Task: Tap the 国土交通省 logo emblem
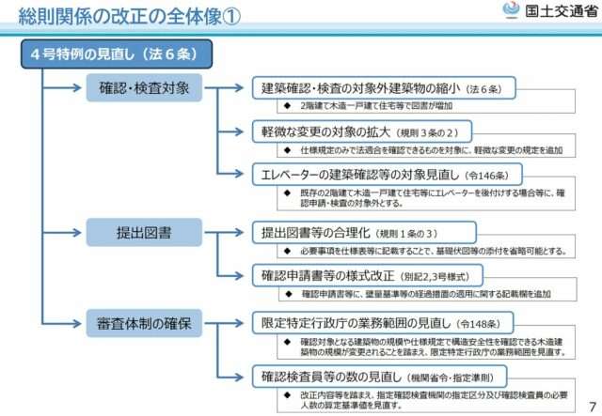(511, 10)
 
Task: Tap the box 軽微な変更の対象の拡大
(361, 131)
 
